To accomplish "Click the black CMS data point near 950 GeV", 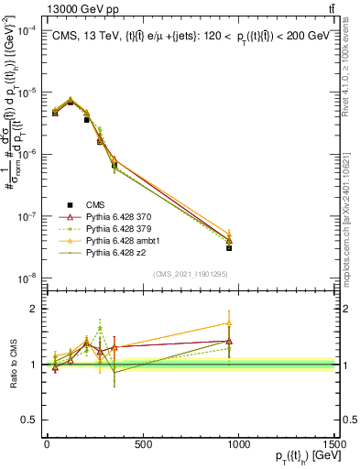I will point(229,247).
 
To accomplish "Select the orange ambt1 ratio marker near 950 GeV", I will point(229,323).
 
